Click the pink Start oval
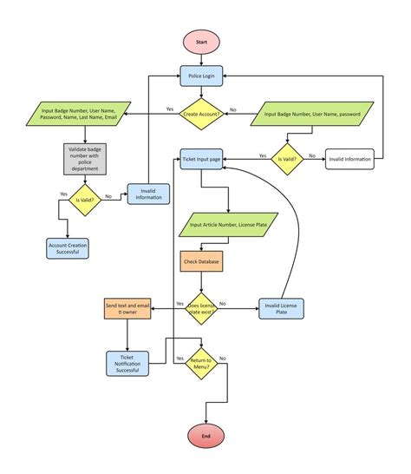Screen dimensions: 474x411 pos(201,42)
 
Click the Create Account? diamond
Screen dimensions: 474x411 pos(201,115)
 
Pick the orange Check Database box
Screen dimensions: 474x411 pos(201,261)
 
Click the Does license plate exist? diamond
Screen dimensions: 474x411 pos(202,308)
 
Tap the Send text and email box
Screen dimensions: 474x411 pos(127,308)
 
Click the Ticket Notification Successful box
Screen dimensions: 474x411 pos(128,363)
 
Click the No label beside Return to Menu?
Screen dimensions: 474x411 pos(223,359)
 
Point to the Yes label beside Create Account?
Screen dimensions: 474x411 pos(170,109)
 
